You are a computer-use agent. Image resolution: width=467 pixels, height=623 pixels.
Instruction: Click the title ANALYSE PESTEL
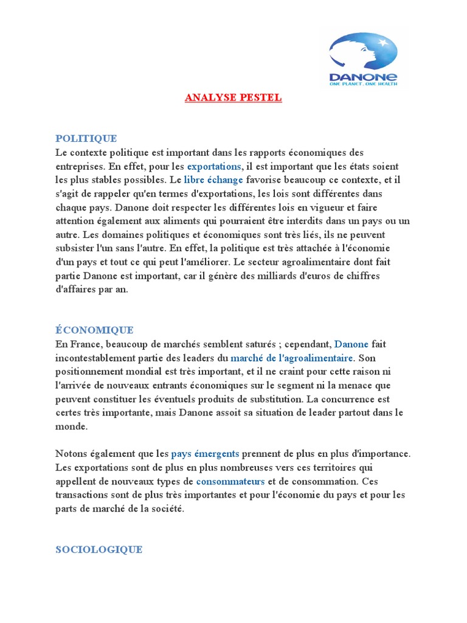point(233,98)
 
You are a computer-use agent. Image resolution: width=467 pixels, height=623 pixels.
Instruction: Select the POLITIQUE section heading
point(86,139)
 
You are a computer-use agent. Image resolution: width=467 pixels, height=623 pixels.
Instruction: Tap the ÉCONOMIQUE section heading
point(94,330)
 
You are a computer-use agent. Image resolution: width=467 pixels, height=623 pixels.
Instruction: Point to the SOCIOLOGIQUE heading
point(99,549)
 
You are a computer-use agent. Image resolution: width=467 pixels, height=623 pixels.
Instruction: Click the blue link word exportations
point(214,166)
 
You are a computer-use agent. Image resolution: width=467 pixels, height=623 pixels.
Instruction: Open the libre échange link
point(213,180)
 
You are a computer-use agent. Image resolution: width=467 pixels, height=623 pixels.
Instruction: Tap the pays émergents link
point(205,454)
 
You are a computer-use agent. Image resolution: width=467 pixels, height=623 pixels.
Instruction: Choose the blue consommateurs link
point(230,481)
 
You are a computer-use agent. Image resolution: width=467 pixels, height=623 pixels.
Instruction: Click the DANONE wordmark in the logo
point(362,77)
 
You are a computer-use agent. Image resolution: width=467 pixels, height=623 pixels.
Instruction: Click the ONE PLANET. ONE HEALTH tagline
point(363,85)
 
